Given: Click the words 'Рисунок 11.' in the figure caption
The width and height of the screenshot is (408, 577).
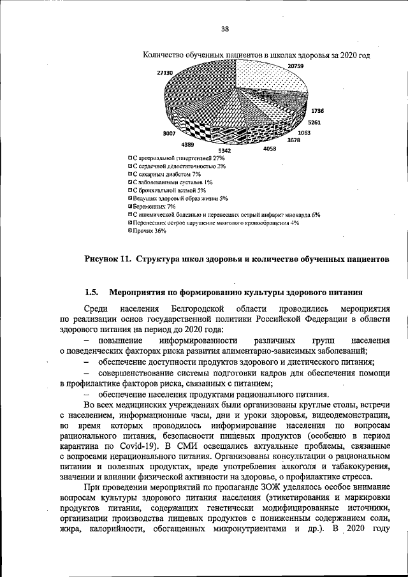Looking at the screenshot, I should (108, 259).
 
